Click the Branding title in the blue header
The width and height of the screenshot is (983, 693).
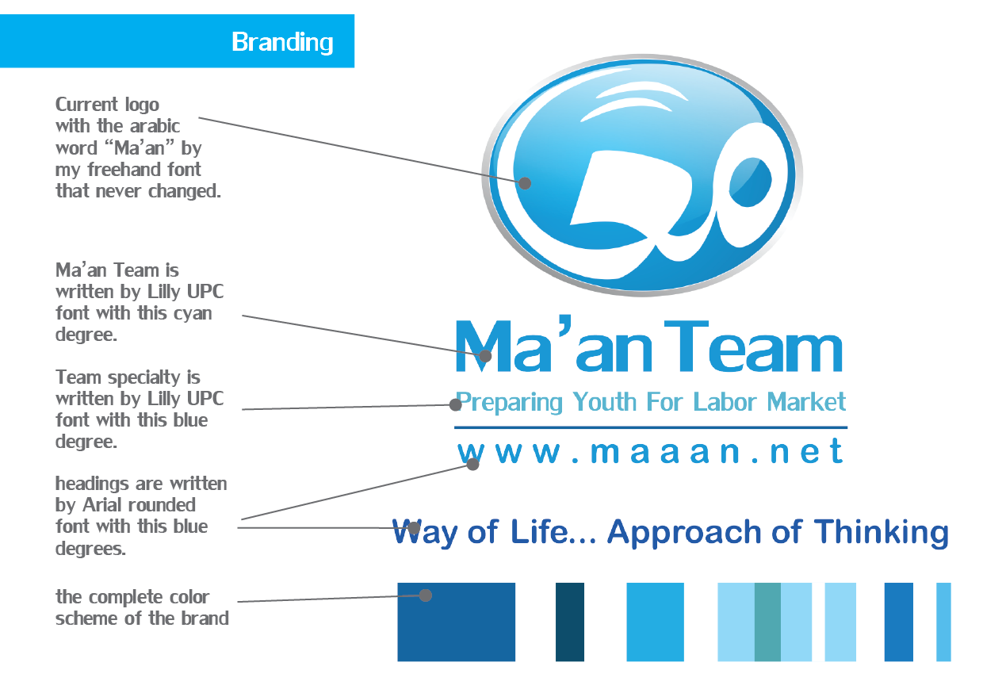coord(282,42)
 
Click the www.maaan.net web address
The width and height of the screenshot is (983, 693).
coord(650,452)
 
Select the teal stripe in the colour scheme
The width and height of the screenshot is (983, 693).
coord(767,622)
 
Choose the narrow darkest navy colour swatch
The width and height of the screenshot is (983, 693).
coord(570,622)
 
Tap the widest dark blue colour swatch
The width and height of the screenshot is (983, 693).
coord(456,622)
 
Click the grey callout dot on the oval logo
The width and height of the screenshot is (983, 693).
coord(525,183)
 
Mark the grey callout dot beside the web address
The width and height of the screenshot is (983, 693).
coord(472,464)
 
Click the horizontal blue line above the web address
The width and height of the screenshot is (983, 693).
coord(650,427)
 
